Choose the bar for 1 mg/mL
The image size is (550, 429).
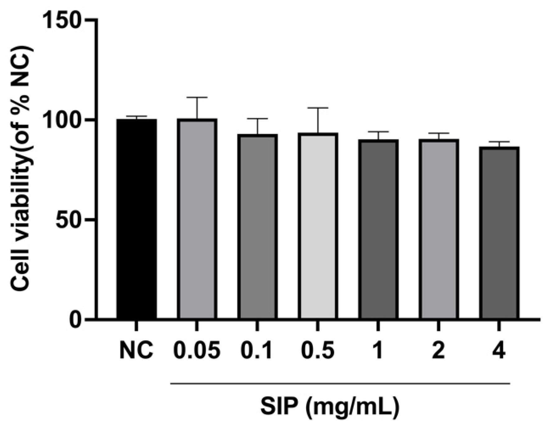pyautogui.click(x=378, y=229)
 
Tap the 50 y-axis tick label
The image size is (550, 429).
pyautogui.click(x=68, y=220)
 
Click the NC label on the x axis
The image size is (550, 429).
pyautogui.click(x=136, y=351)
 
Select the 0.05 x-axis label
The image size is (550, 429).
pyautogui.click(x=197, y=351)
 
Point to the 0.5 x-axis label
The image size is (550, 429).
pyautogui.click(x=318, y=351)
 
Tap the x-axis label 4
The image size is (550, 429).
pyautogui.click(x=499, y=351)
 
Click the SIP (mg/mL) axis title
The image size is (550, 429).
pyautogui.click(x=330, y=408)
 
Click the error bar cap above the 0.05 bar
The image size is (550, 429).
pyautogui.click(x=197, y=97)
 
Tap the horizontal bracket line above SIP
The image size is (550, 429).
pyautogui.click(x=340, y=383)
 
